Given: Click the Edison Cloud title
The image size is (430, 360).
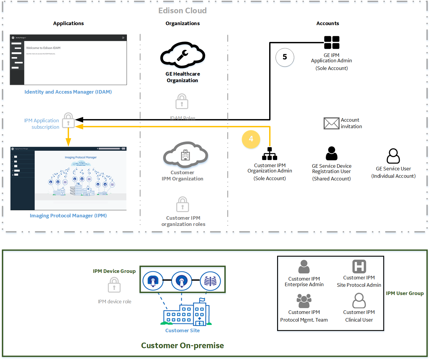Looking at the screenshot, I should pos(182,11).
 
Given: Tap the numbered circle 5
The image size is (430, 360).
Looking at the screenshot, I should pos(285,57).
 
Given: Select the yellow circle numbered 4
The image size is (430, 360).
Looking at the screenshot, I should pos(251,139).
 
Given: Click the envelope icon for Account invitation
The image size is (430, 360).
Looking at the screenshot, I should pos(331,123).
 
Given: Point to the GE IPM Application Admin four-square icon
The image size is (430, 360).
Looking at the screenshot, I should pos(331,43).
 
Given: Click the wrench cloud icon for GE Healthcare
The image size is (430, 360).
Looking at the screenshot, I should pos(183,55).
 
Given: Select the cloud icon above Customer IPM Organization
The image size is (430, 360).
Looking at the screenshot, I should pos(185,155).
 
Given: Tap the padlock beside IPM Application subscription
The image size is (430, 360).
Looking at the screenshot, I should pos(68,120).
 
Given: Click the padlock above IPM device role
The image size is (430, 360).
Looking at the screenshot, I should pos(114,285).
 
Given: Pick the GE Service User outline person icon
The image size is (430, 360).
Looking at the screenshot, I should pos(393,156).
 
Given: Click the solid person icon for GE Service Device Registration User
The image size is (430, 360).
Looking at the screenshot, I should pos(331,153).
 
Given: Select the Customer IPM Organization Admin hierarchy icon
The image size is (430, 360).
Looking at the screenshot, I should pos(269,154).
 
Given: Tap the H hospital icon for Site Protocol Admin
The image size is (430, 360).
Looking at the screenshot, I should pos(359,266).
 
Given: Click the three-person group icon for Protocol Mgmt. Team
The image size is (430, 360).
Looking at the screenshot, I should pos(304,301).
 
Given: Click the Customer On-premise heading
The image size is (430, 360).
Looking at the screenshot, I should pos(182,345).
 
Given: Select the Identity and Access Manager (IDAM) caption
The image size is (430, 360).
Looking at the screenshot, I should pos(68,92).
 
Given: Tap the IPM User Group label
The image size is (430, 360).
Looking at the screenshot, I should pos(405,293).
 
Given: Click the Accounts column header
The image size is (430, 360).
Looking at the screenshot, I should pos(328,23).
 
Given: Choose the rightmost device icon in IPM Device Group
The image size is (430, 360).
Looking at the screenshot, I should pos(210,281).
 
